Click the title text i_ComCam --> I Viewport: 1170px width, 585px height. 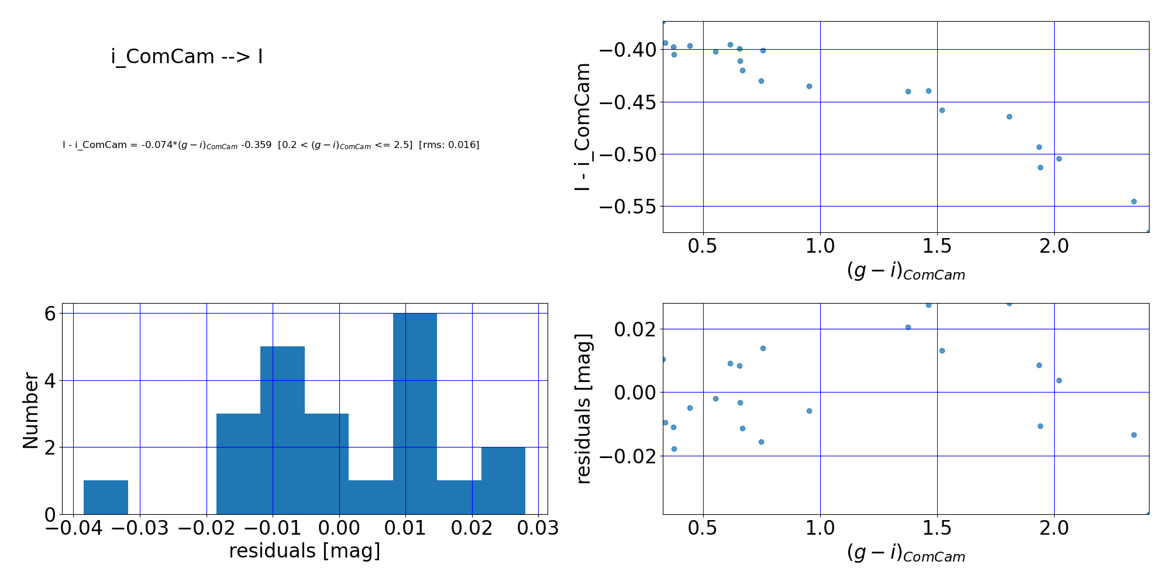click(187, 57)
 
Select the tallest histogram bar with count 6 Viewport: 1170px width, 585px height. click(415, 414)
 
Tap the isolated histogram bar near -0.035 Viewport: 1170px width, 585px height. click(106, 497)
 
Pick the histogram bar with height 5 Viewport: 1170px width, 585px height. click(283, 430)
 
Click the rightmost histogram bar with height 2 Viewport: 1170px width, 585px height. click(503, 480)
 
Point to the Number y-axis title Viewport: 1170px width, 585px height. click(30, 410)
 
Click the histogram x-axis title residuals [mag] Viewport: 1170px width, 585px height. click(304, 551)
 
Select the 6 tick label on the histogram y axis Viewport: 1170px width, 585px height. click(50, 314)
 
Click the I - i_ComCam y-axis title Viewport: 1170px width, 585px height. click(583, 127)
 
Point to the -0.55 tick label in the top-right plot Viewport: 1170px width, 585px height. click(625, 207)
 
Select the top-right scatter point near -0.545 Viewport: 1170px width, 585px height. click(1134, 201)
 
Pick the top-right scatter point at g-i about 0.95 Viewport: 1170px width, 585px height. click(809, 86)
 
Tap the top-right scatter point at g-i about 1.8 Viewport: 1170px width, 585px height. click(1009, 116)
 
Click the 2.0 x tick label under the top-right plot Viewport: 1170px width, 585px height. click(1054, 246)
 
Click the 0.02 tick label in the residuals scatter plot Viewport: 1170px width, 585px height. click(634, 329)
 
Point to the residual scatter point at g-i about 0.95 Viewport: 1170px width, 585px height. click(809, 411)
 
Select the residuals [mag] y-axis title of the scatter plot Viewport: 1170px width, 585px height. click(584, 409)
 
